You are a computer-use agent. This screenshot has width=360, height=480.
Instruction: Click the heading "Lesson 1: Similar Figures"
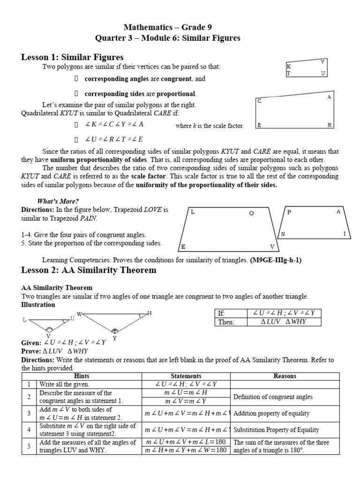[72, 57]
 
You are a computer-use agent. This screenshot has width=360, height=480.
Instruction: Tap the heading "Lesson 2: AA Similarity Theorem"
[89, 270]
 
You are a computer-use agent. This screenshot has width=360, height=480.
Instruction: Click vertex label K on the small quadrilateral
[289, 67]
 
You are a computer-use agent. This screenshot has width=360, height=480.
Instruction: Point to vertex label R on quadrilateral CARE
[330, 126]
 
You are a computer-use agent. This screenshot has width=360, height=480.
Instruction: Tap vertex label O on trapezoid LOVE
[251, 213]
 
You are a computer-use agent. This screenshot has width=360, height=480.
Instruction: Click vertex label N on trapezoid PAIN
[283, 233]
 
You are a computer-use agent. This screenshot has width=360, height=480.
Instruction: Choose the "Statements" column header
[186, 376]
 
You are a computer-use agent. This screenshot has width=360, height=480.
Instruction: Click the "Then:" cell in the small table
[225, 322]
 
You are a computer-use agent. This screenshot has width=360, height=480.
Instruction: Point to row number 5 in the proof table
[29, 446]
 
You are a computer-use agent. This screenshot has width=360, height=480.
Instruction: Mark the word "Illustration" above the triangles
[38, 304]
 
